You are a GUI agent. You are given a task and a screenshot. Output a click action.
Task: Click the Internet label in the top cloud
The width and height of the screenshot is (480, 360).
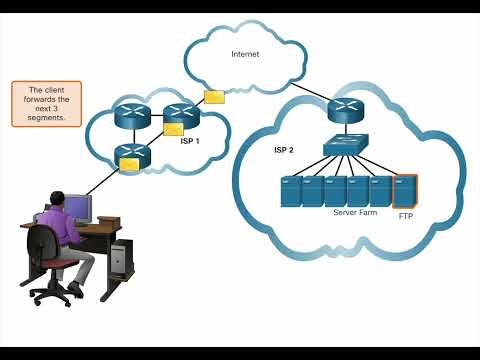(x=245, y=53)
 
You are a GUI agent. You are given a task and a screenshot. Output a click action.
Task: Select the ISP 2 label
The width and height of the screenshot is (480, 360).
(x=285, y=151)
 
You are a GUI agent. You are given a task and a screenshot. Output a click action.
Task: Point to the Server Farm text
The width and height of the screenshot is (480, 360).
(x=352, y=212)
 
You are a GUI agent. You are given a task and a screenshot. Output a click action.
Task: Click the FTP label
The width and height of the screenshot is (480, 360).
(x=405, y=215)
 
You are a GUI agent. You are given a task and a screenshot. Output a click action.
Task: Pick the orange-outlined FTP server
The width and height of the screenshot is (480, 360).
(x=404, y=190)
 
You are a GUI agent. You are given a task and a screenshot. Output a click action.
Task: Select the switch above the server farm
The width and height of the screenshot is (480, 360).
(x=346, y=146)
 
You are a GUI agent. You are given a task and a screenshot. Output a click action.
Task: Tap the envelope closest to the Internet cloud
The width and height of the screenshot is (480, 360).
(x=214, y=97)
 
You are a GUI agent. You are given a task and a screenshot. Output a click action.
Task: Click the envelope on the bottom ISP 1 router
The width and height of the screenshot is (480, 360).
(x=129, y=165)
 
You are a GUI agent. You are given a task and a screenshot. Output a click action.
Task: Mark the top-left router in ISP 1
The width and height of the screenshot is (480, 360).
(x=131, y=115)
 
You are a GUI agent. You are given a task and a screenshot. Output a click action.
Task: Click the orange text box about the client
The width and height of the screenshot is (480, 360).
(x=46, y=104)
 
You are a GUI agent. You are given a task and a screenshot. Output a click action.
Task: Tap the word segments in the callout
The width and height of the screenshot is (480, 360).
(x=47, y=117)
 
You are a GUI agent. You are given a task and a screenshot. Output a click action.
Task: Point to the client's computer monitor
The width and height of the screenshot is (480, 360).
(x=77, y=207)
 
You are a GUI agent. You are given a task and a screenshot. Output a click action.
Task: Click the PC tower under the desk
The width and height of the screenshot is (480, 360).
(x=119, y=258)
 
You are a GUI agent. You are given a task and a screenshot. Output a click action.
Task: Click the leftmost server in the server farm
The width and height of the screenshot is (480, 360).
(x=290, y=191)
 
